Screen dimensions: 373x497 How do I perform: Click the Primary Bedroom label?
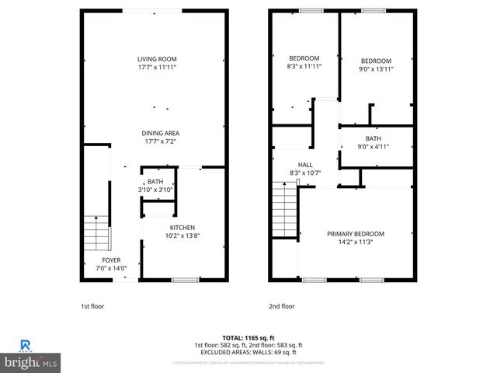[x=355, y=233]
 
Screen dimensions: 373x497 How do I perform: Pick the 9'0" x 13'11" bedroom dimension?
[x=375, y=69]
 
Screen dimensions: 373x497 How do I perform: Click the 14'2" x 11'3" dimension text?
[x=356, y=242]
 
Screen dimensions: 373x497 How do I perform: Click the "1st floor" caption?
[x=92, y=306]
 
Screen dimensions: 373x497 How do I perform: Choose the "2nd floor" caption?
[x=282, y=306]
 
